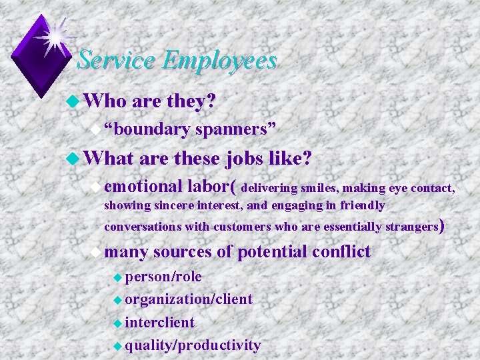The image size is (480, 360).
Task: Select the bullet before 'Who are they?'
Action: [x=73, y=102]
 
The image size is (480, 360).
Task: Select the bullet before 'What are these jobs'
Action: [x=73, y=159]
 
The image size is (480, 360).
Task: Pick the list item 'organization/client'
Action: [x=188, y=299]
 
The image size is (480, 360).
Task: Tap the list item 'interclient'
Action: [x=159, y=323]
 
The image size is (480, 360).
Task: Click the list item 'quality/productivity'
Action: [x=192, y=345]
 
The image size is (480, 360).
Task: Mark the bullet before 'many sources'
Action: [x=99, y=252]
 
